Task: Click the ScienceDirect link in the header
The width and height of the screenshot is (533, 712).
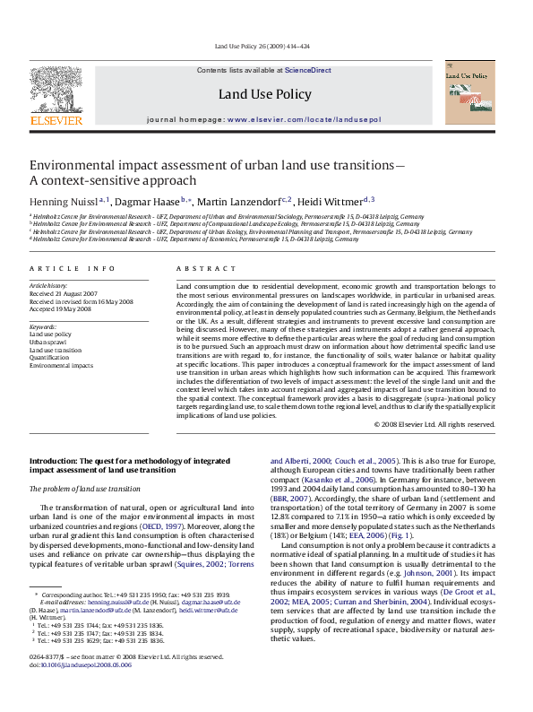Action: point(308,70)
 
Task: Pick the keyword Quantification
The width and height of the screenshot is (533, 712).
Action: point(50,358)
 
